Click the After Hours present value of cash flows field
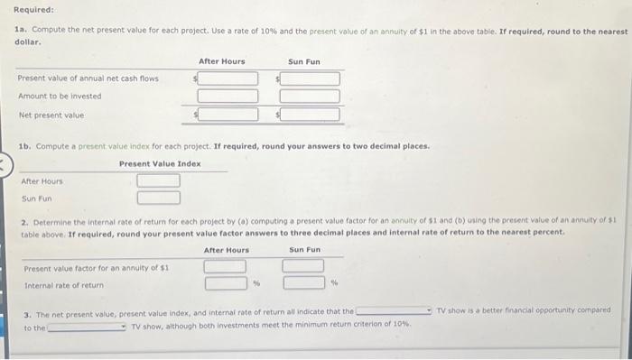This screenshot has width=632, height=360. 228,78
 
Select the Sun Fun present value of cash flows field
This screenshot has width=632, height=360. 310,78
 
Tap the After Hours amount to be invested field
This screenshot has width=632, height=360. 228,97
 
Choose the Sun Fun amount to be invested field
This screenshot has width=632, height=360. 310,97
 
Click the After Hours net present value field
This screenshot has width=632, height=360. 228,115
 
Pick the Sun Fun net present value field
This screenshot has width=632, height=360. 310,115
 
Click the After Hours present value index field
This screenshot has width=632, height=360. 158,180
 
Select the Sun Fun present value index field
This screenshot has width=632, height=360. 158,198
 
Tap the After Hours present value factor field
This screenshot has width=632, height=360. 225,266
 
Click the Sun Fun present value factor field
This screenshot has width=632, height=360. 303,266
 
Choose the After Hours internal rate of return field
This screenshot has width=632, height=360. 225,283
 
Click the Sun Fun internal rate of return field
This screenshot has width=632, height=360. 303,283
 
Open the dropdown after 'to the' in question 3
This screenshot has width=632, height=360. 87,327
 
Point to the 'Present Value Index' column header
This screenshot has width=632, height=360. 160,163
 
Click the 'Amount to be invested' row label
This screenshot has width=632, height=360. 60,97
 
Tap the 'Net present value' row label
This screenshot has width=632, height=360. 51,115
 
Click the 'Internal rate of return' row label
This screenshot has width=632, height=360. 63,285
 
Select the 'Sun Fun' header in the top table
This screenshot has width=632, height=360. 304,61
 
